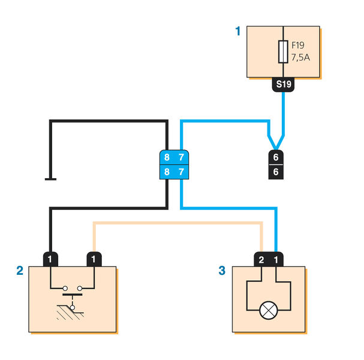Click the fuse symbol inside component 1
[283, 52]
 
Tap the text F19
[299, 45]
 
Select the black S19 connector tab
[283, 85]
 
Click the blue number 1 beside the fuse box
[238, 31]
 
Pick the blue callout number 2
[19, 271]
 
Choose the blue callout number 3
[221, 271]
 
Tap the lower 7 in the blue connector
[182, 172]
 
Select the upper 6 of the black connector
[276, 157]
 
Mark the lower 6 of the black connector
[276, 172]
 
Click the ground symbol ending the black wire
[51, 178]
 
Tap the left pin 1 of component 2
[51, 259]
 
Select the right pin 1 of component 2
[94, 259]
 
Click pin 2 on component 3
[261, 259]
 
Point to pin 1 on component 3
[276, 259]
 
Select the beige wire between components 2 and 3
[180, 224]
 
